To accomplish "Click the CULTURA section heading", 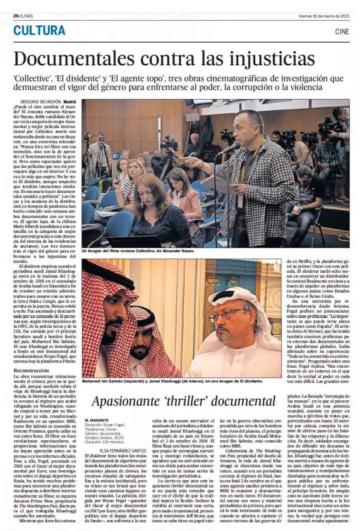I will click(x=39, y=31).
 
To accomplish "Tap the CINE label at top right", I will click(x=342, y=32).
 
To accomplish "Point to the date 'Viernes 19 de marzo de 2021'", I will click(x=324, y=16).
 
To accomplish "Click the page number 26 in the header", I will click(x=16, y=16).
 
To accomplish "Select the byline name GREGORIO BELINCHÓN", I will click(x=41, y=102).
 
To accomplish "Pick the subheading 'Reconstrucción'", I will click(x=31, y=370).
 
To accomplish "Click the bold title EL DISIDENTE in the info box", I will click(x=96, y=420).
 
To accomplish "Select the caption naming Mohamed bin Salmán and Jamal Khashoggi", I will click(x=172, y=380).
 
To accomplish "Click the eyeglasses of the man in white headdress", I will click(x=227, y=315).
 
